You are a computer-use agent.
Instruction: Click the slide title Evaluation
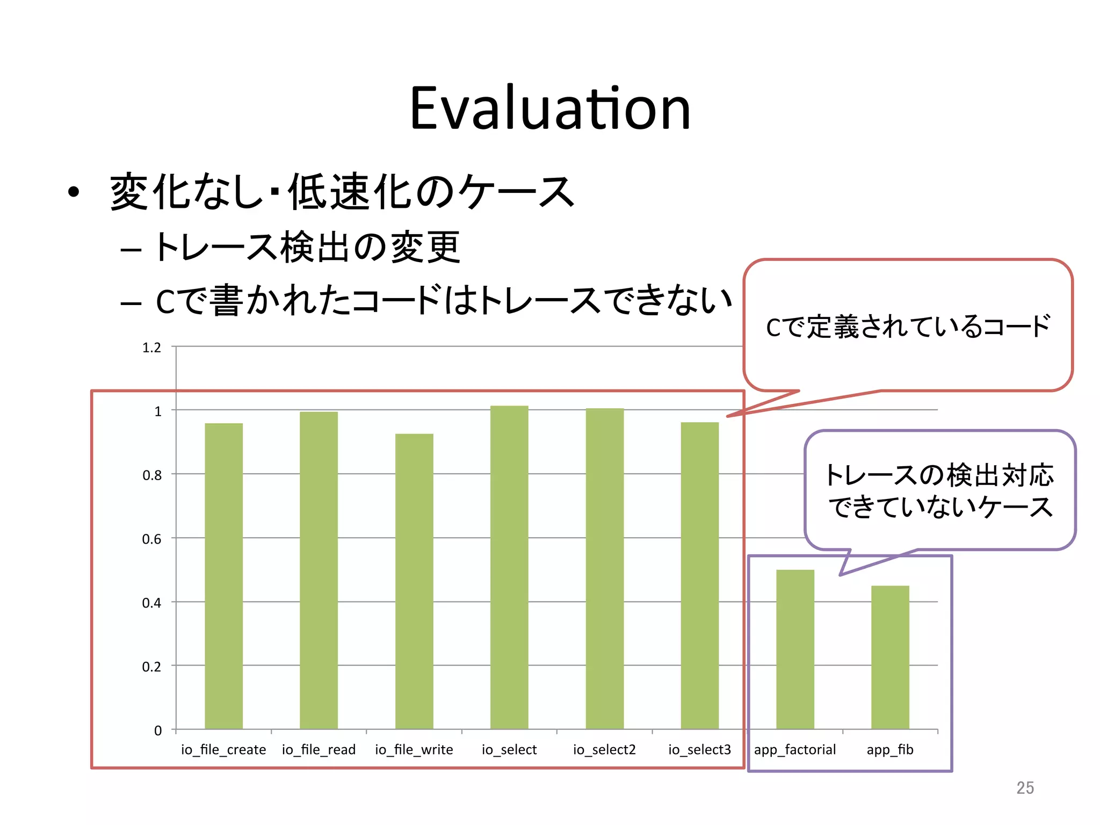pyautogui.click(x=550, y=109)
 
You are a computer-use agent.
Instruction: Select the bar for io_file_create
pyautogui.click(x=223, y=576)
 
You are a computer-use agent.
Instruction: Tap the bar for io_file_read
pyautogui.click(x=319, y=570)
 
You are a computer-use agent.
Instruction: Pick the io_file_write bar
pyautogui.click(x=414, y=581)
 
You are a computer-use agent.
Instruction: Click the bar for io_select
pyautogui.click(x=509, y=567)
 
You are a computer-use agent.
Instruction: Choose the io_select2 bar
pyautogui.click(x=605, y=568)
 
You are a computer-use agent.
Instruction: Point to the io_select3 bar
pyautogui.click(x=700, y=575)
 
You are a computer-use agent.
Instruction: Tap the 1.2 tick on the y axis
pyautogui.click(x=151, y=348)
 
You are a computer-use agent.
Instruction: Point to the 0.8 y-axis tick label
pyautogui.click(x=151, y=475)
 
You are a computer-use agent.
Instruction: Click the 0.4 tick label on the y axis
pyautogui.click(x=151, y=603)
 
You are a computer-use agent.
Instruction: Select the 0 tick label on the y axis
pyautogui.click(x=158, y=730)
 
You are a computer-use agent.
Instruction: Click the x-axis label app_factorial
pyautogui.click(x=795, y=750)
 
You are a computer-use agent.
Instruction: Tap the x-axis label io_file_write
pyautogui.click(x=414, y=750)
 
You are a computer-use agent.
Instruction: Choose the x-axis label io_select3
pyautogui.click(x=700, y=750)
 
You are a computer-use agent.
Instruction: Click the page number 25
pyautogui.click(x=1025, y=788)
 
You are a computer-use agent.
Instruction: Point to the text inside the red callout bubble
pyautogui.click(x=908, y=327)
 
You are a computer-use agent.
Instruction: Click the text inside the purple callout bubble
pyautogui.click(x=940, y=491)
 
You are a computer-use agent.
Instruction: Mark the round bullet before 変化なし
pyautogui.click(x=74, y=192)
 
